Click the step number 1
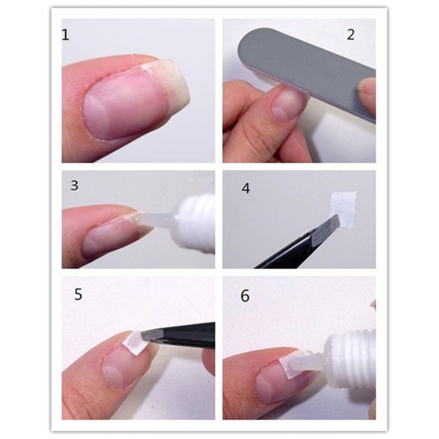(x=65, y=35)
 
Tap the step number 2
(x=351, y=35)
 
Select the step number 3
(x=75, y=185)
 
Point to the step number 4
(x=245, y=188)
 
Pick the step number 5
(x=78, y=295)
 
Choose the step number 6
(x=245, y=296)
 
